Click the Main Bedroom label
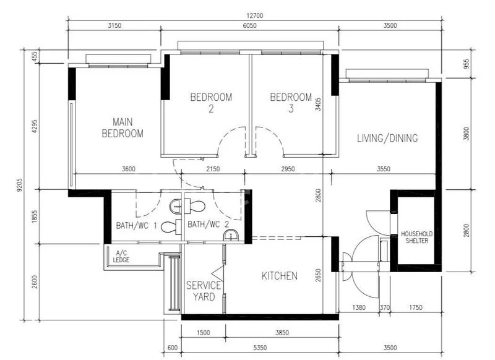tap(123, 128)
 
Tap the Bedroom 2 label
tap(211, 103)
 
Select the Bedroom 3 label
tap(291, 103)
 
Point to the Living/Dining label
tap(387, 138)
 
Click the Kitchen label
tap(280, 276)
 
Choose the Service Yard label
tap(204, 291)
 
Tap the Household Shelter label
tap(416, 238)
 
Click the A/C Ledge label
tap(121, 257)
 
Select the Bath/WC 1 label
tap(136, 226)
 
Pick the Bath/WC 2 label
tap(208, 225)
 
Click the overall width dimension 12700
tap(255, 15)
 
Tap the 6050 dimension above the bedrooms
tap(249, 25)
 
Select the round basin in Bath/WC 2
tap(231, 236)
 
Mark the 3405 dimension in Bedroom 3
tap(318, 104)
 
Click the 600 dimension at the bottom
tap(173, 348)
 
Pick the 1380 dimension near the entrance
tap(359, 307)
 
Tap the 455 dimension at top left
tap(35, 56)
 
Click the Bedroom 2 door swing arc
tap(226, 134)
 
